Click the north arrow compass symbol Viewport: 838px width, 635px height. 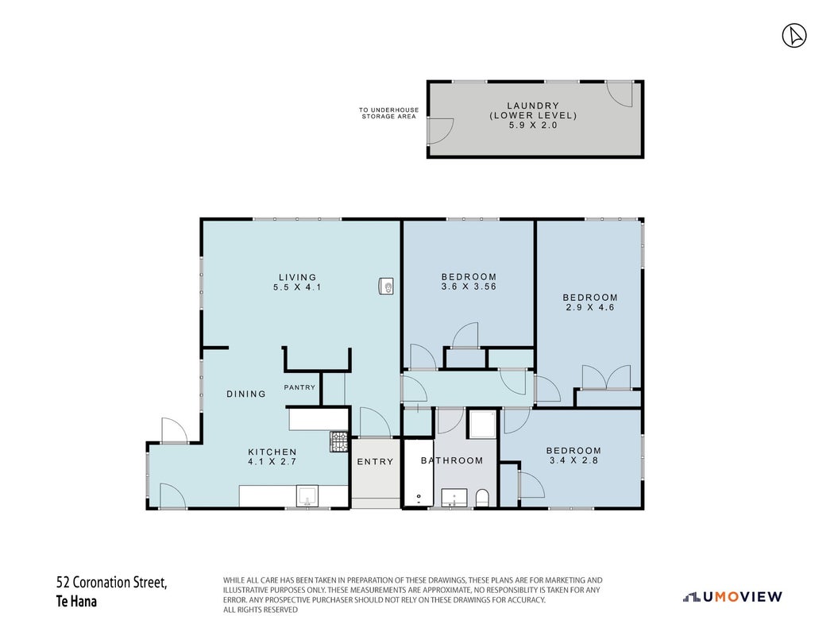point(794,36)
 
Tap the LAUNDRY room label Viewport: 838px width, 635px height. point(533,106)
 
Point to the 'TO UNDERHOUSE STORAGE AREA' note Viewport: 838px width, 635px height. point(388,114)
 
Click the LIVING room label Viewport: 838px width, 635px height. point(298,277)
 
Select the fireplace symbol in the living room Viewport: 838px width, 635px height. point(386,286)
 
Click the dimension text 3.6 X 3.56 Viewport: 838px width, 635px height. point(469,287)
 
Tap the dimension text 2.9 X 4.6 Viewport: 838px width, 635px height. point(590,308)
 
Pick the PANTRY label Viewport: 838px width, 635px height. point(299,387)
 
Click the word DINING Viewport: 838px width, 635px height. point(246,394)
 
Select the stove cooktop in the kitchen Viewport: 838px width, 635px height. point(338,441)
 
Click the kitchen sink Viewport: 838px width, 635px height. point(307,495)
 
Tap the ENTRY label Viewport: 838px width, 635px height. point(375,461)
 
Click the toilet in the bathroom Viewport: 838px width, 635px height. point(482,498)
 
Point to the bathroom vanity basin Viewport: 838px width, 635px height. point(454,498)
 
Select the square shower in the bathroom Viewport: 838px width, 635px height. point(483,424)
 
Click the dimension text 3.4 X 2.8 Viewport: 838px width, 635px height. point(574,460)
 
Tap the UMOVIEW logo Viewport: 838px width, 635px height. point(732,597)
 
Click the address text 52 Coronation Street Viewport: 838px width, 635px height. point(112,582)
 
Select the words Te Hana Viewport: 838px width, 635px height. point(76,602)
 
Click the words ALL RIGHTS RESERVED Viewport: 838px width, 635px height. point(261,610)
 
